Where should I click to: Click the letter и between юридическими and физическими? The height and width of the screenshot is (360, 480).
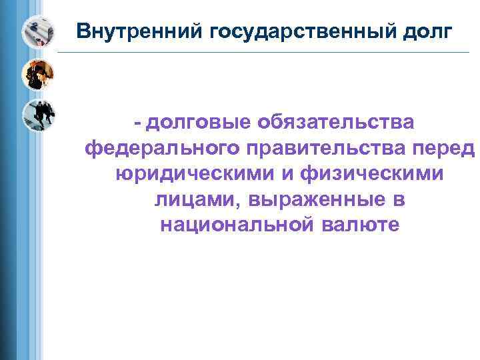click(x=293, y=173)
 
